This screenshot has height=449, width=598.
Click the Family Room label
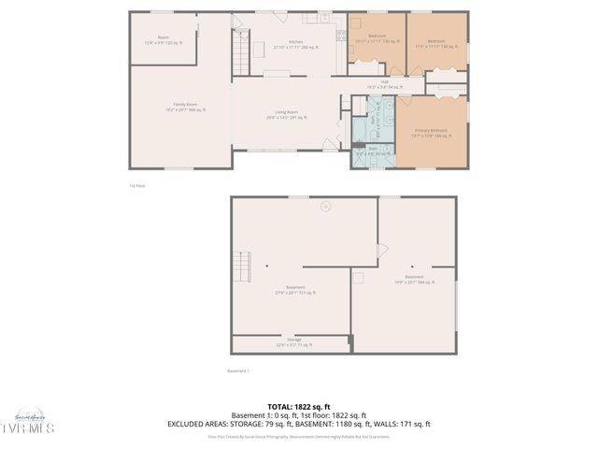pyautogui.click(x=185, y=106)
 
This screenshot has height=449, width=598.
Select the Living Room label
pyautogui.click(x=286, y=115)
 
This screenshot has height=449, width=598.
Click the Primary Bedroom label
pyautogui.click(x=431, y=131)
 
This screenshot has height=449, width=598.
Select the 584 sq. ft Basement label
pyautogui.click(x=414, y=279)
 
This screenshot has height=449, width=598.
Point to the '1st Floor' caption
pyautogui.click(x=137, y=186)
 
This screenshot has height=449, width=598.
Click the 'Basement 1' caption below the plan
pyautogui.click(x=238, y=370)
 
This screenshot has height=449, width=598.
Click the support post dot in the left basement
pyautogui.click(x=266, y=266)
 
